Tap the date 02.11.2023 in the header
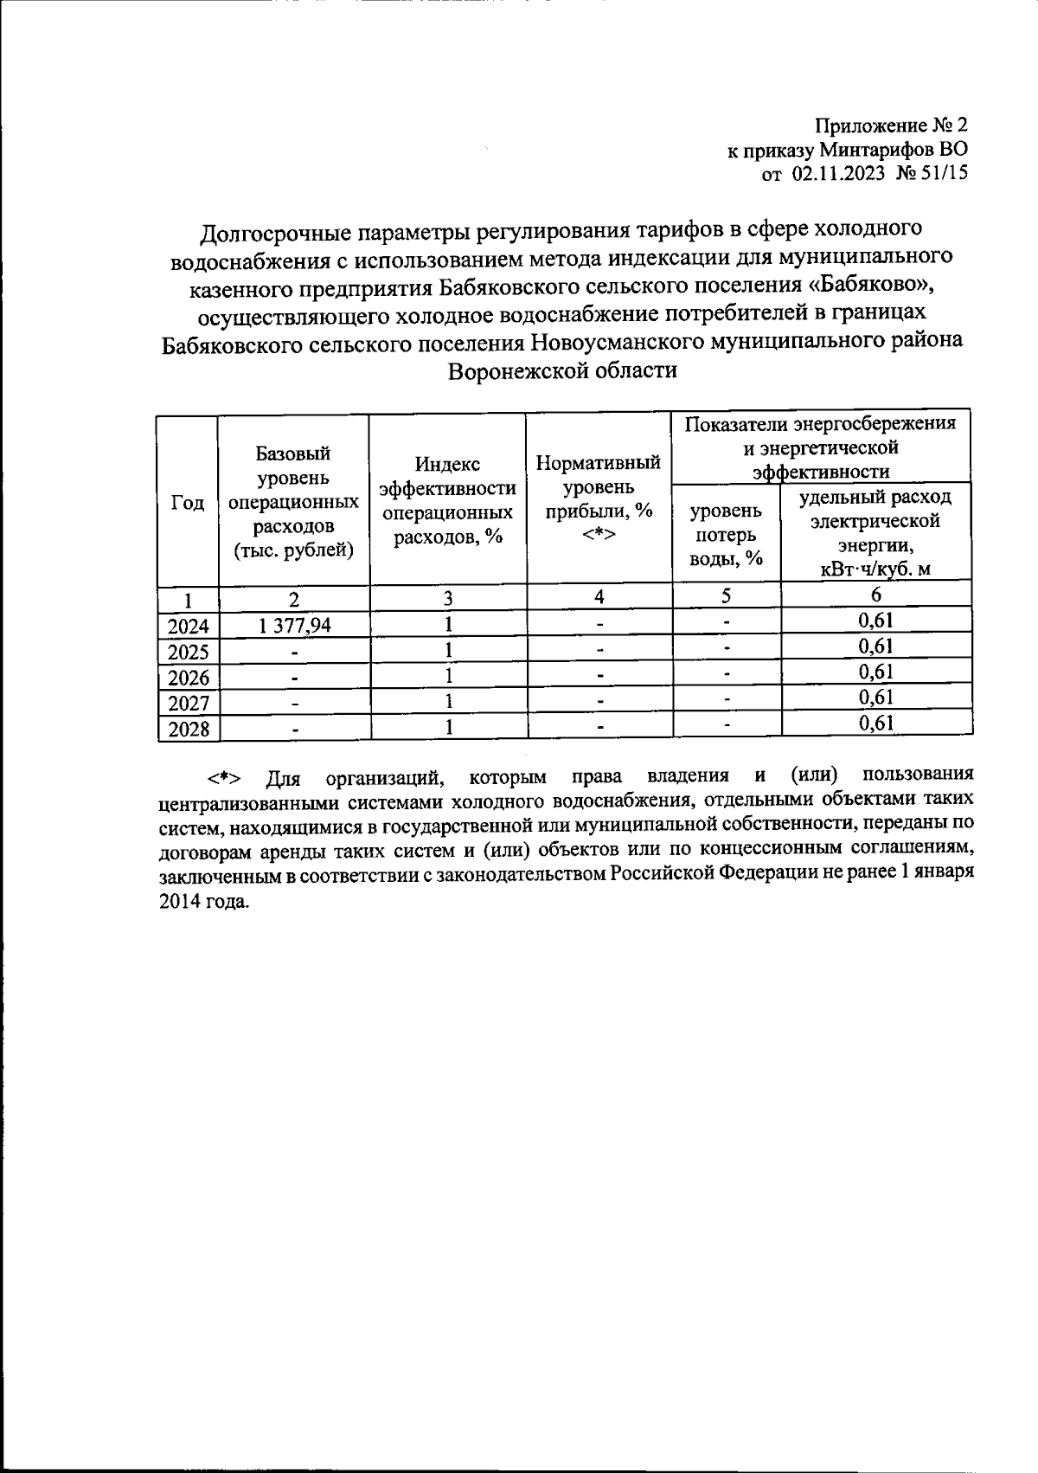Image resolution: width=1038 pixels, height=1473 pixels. tap(838, 174)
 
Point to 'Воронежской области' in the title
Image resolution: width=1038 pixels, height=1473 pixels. tap(561, 370)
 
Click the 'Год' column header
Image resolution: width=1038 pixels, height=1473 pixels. tap(188, 504)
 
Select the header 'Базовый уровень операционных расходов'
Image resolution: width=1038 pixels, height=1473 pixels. tap(293, 502)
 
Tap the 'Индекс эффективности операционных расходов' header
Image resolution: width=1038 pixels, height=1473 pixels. tap(447, 501)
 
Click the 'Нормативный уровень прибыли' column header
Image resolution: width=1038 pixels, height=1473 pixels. tap(599, 499)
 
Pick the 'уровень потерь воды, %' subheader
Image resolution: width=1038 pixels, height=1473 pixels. tap(726, 535)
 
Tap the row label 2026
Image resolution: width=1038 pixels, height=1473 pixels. tap(189, 678)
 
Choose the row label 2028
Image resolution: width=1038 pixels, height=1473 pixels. tap(189, 729)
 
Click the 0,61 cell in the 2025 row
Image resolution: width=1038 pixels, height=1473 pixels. tap(875, 646)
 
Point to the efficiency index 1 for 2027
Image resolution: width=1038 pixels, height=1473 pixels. tap(448, 701)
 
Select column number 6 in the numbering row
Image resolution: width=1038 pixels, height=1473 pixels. tap(875, 595)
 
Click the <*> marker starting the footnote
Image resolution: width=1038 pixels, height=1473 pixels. tap(223, 777)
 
